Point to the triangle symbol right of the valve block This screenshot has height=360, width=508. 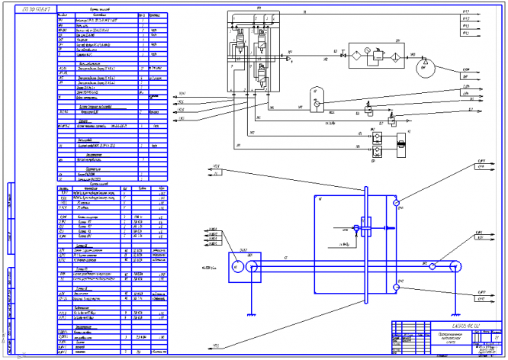(x=291, y=56)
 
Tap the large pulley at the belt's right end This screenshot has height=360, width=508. (x=456, y=266)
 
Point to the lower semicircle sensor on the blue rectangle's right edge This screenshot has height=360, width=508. (x=396, y=287)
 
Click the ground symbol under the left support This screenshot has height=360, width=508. (x=248, y=312)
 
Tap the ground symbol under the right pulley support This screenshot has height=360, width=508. (x=456, y=313)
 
